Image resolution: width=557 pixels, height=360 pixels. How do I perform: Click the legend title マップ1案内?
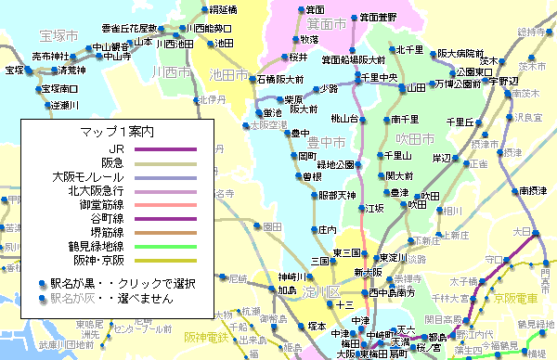point(117,132)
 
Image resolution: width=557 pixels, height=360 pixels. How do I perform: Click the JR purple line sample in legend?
point(166,148)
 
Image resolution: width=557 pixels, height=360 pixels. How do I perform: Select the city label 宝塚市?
point(58,35)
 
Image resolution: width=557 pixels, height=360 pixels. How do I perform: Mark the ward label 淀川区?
point(317,293)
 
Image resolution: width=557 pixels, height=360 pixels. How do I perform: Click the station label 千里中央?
point(379,77)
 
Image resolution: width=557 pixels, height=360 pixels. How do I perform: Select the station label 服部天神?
point(337,195)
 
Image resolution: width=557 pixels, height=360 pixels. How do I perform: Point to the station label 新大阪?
point(368,273)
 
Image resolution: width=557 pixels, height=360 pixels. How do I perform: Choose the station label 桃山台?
point(344,118)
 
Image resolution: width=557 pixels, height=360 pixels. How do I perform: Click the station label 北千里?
point(408,49)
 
